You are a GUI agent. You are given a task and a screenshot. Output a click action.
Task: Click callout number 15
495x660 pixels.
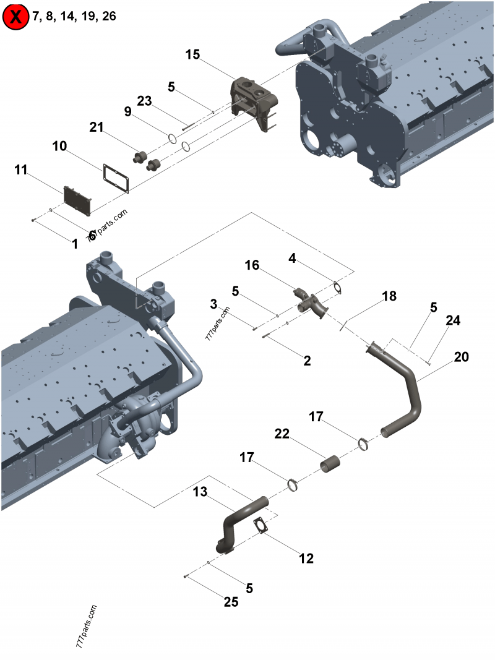click(192, 55)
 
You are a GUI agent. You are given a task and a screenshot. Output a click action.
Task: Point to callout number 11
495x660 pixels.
click(21, 170)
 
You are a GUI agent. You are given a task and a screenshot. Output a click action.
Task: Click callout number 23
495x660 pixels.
click(144, 101)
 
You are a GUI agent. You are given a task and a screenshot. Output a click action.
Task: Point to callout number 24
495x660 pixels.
click(453, 320)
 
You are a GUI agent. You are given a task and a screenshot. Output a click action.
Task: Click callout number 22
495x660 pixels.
click(282, 435)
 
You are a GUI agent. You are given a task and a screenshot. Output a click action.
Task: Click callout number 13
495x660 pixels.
click(200, 492)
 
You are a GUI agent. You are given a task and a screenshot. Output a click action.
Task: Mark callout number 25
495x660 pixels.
click(231, 602)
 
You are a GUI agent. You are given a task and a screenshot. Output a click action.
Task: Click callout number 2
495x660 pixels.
click(307, 361)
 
